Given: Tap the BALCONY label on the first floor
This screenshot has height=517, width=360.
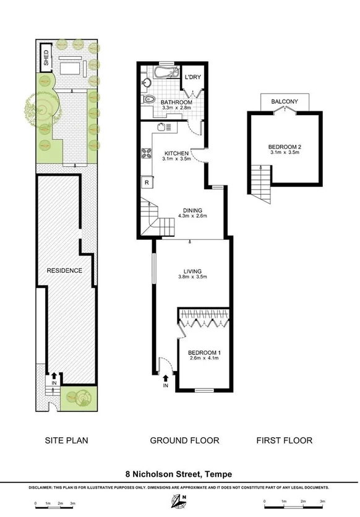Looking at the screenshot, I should (285, 102).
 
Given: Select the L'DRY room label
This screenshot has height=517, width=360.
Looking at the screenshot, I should (193, 77).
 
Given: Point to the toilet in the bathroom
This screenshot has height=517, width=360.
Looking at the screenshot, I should (148, 99).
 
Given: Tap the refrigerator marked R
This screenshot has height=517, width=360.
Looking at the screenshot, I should (147, 182).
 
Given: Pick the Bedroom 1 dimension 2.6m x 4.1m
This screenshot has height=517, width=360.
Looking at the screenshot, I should (204, 359).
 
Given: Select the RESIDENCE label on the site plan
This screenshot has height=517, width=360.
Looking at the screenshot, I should (64, 271).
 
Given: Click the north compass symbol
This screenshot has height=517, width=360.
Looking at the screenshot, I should (184, 500).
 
